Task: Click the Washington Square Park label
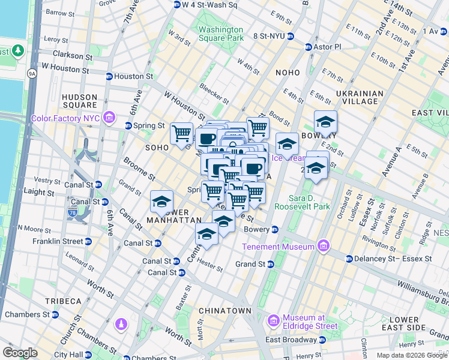point(221,34)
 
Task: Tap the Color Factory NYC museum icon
point(109,116)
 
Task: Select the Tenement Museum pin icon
point(324,246)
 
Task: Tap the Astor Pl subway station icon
point(309,47)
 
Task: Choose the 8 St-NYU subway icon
point(289,36)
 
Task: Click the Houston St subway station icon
point(109,77)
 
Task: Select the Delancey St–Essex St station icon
point(349,259)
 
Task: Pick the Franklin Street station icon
point(88,241)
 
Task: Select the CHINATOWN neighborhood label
point(225,310)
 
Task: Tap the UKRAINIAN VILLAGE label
point(360,98)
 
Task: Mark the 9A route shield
point(32,74)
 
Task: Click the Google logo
point(20,353)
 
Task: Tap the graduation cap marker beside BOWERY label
point(325,122)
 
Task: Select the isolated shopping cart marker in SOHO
point(181,133)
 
